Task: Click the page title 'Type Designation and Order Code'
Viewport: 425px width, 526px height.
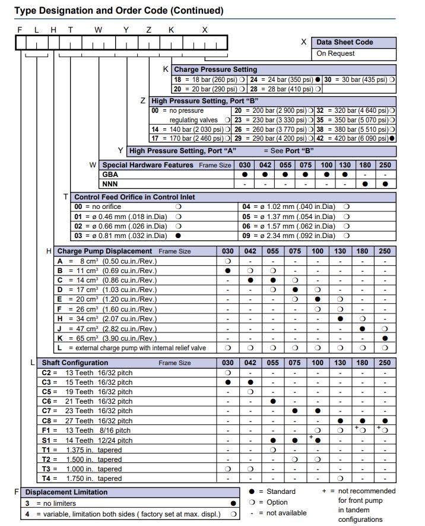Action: click(x=119, y=10)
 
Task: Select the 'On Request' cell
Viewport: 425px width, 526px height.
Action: click(x=335, y=53)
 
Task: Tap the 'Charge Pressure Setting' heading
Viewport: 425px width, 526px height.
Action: click(x=216, y=69)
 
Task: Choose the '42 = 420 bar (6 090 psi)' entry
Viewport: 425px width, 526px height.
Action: click(x=353, y=138)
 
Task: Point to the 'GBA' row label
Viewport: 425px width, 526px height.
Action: click(x=110, y=175)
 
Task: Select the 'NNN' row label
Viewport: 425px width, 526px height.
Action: click(x=110, y=184)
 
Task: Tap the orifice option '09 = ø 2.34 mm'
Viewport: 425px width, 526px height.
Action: click(x=288, y=236)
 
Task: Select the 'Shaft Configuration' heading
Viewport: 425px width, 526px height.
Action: click(x=75, y=362)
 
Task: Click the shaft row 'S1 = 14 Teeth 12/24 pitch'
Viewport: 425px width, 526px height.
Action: click(x=87, y=440)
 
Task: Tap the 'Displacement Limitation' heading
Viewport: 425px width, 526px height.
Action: click(x=66, y=492)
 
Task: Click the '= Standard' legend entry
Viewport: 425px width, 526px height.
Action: click(x=277, y=492)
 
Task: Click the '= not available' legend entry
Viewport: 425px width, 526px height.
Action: click(x=283, y=513)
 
